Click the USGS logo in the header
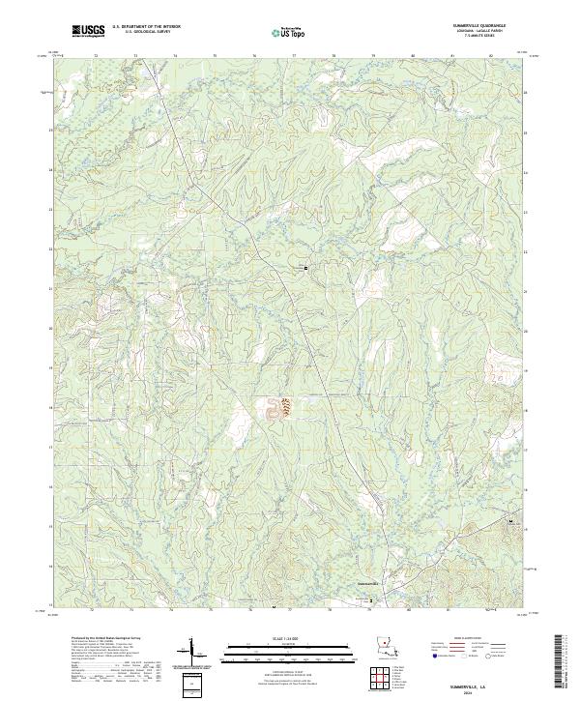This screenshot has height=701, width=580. pyautogui.click(x=89, y=32)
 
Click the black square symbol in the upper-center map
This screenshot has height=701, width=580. pyautogui.click(x=307, y=267)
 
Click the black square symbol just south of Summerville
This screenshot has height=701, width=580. pyautogui.click(x=369, y=599)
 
